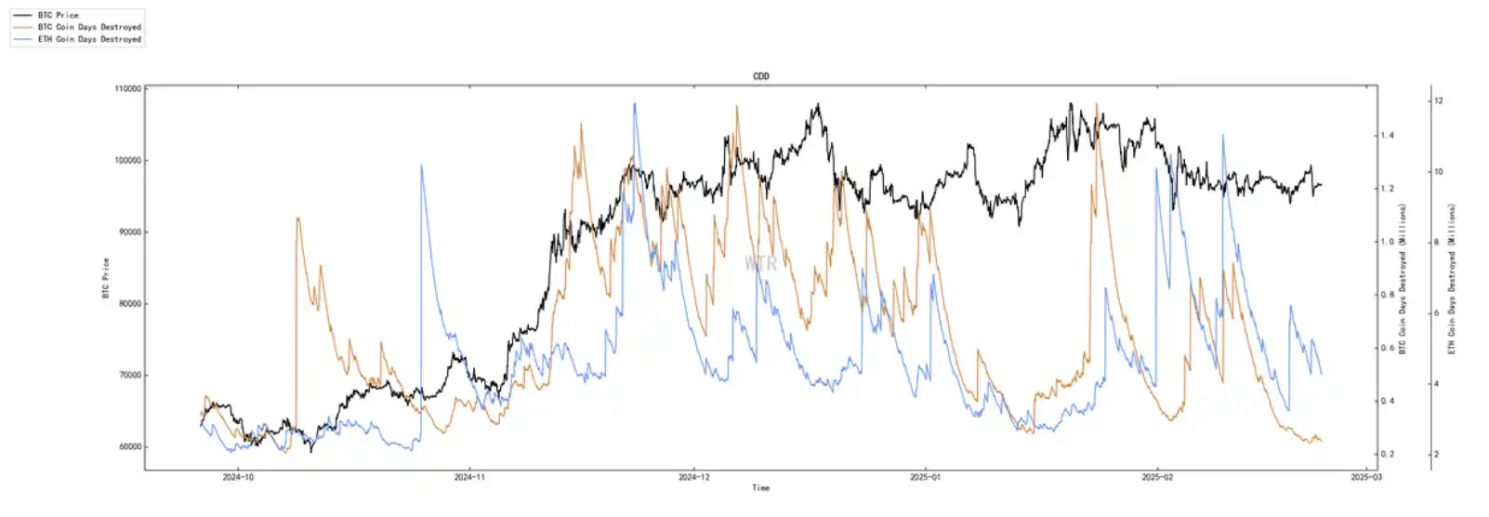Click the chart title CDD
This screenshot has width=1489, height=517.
pos(760,76)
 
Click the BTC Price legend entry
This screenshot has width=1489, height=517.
pos(58,16)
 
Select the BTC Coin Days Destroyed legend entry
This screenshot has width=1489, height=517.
pos(88,27)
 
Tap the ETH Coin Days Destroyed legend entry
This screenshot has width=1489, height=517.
pos(88,39)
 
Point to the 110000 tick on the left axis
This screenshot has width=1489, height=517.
pos(127,89)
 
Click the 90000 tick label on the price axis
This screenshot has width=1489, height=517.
pos(127,232)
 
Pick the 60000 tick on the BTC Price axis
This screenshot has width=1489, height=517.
pos(127,447)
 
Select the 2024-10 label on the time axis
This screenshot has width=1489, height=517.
pos(238,477)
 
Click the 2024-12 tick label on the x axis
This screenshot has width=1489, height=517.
pos(693,477)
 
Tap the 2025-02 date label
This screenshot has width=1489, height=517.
pos(1156,477)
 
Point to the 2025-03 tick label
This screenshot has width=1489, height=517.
pos(1365,477)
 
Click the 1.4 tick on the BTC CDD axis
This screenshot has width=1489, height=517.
pos(1387,136)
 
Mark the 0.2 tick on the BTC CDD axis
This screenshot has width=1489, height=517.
pos(1387,455)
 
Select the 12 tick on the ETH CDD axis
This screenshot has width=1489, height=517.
pos(1438,100)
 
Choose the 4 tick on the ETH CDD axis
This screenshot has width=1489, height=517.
pos(1437,384)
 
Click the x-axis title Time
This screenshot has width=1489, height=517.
pos(760,487)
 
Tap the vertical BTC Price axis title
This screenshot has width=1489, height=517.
pos(105,278)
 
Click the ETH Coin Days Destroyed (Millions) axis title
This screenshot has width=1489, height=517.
pos(1452,278)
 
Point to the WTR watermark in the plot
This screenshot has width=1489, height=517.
pos(760,264)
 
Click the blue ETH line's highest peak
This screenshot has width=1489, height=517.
pos(635,104)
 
